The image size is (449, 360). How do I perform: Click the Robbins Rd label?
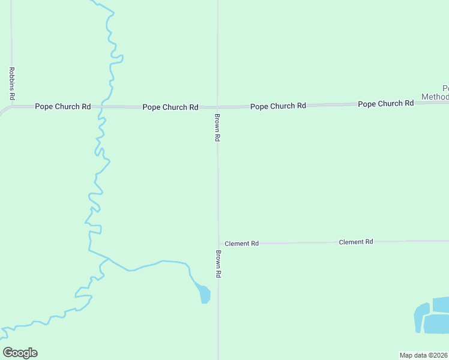coord(12,83)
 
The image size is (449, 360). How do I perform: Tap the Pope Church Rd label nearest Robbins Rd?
coord(62,107)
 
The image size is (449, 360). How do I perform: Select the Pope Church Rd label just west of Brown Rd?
coord(170,107)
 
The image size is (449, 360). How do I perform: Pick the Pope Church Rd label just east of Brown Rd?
coord(278,106)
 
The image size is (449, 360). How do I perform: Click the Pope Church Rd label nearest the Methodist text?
coord(385,104)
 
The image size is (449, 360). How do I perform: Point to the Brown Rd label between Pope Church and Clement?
coord(218,127)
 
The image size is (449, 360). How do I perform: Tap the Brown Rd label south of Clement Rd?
coord(218,263)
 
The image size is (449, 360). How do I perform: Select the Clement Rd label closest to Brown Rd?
coord(241,244)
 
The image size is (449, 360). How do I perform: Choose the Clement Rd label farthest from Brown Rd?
coord(356,242)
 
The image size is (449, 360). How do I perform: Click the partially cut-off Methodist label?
coord(436,92)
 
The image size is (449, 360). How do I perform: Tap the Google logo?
coord(20,353)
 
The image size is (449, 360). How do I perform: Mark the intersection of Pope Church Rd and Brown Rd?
coord(217,107)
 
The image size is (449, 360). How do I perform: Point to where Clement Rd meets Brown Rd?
coord(218,243)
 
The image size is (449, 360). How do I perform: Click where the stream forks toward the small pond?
coord(109,259)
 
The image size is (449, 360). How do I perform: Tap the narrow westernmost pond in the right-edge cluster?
coord(421,317)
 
